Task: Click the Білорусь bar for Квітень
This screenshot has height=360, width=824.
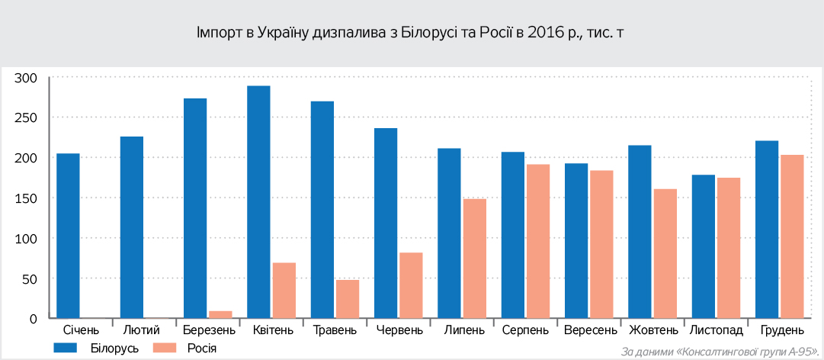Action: (258, 202)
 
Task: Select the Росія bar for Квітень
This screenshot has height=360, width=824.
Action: (284, 291)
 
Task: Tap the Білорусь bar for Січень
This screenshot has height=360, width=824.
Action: (68, 236)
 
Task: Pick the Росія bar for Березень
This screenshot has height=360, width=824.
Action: (220, 314)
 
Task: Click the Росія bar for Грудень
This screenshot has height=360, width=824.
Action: (791, 236)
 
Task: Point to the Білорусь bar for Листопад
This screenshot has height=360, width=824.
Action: (703, 246)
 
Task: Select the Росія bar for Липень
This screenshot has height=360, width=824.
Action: (474, 259)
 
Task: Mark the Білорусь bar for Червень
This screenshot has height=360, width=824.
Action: (386, 223)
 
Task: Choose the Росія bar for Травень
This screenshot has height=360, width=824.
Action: (348, 299)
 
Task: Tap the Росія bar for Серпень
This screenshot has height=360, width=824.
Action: (537, 241)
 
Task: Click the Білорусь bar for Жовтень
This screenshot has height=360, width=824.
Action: (640, 232)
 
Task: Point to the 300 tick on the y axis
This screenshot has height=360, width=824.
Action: (26, 78)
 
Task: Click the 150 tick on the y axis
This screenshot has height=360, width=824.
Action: (26, 198)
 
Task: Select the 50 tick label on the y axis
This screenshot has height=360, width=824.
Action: (29, 278)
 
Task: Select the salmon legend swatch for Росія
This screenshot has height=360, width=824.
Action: (165, 348)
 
